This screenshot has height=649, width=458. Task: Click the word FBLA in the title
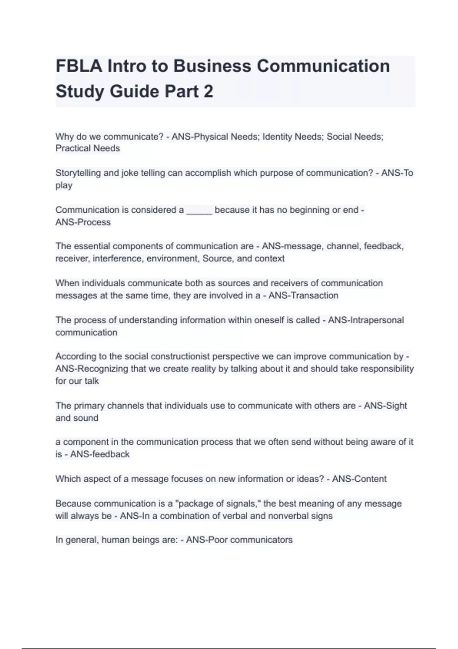pyautogui.click(x=79, y=66)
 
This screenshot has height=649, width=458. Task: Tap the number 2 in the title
pyautogui.click(x=208, y=92)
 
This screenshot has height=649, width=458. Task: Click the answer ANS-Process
pyautogui.click(x=83, y=222)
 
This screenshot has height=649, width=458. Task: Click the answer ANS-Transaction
pyautogui.click(x=303, y=295)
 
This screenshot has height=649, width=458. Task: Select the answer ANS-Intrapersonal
pyautogui.click(x=366, y=320)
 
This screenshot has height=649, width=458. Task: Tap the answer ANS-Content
pyautogui.click(x=359, y=479)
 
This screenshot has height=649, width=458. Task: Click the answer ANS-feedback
pyautogui.click(x=100, y=454)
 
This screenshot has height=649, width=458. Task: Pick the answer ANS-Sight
pyautogui.click(x=385, y=405)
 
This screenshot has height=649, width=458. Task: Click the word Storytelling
pyautogui.click(x=78, y=173)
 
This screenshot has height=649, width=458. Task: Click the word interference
pyautogui.click(x=117, y=258)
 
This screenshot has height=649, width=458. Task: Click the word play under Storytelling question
pyautogui.click(x=64, y=186)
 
